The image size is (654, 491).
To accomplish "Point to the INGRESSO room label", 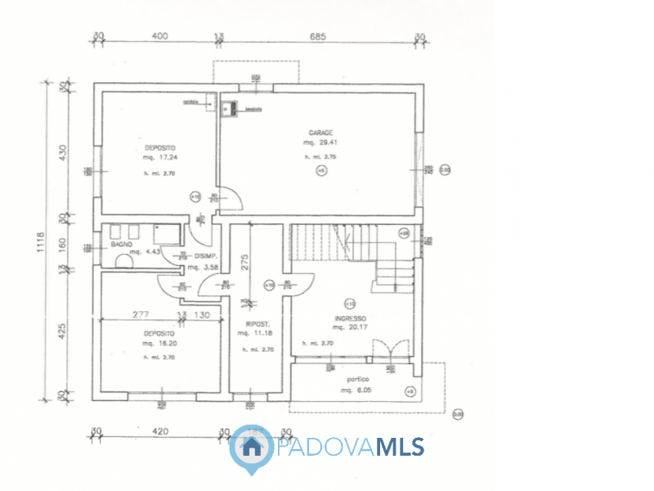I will tap(350, 318).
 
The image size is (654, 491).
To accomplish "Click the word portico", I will tap(357, 380).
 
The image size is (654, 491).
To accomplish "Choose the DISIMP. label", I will tap(205, 255).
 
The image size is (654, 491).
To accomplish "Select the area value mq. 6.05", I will tap(356, 391).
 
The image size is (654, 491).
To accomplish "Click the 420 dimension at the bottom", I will tap(160, 430).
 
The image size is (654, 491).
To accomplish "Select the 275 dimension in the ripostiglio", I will tap(244, 261).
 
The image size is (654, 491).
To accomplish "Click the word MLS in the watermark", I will tap(400, 447).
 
